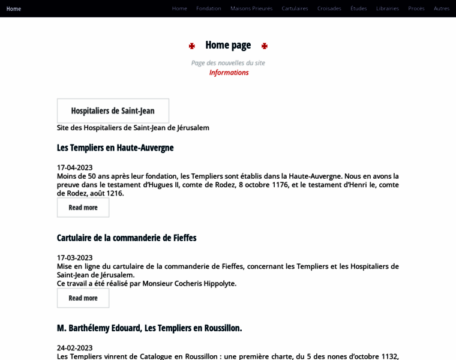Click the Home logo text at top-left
point(14,8)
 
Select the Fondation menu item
point(209,8)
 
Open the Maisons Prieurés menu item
point(251,8)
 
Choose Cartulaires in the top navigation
point(295,8)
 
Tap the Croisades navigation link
point(329,8)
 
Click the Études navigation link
point(359,8)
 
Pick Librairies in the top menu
point(388,8)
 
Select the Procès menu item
point(416,8)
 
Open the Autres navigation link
point(442,8)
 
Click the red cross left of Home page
point(192,46)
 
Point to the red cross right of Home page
point(265,46)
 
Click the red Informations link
point(229,73)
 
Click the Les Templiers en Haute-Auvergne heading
point(115,148)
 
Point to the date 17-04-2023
point(74,167)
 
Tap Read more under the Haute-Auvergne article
point(83,208)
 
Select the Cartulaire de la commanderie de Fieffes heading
point(127,238)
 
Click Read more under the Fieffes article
point(83,298)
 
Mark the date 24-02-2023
point(74,348)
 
